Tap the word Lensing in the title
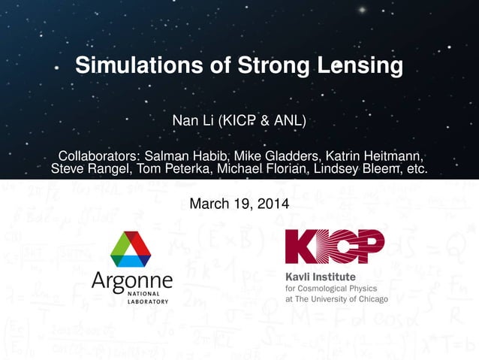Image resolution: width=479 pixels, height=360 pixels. pyautogui.click(x=361, y=66)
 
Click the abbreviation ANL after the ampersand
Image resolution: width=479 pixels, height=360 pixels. pyautogui.click(x=290, y=121)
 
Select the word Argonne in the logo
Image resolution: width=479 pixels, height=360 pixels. pyautogui.click(x=131, y=283)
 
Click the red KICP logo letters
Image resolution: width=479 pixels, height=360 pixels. pyautogui.click(x=335, y=247)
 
